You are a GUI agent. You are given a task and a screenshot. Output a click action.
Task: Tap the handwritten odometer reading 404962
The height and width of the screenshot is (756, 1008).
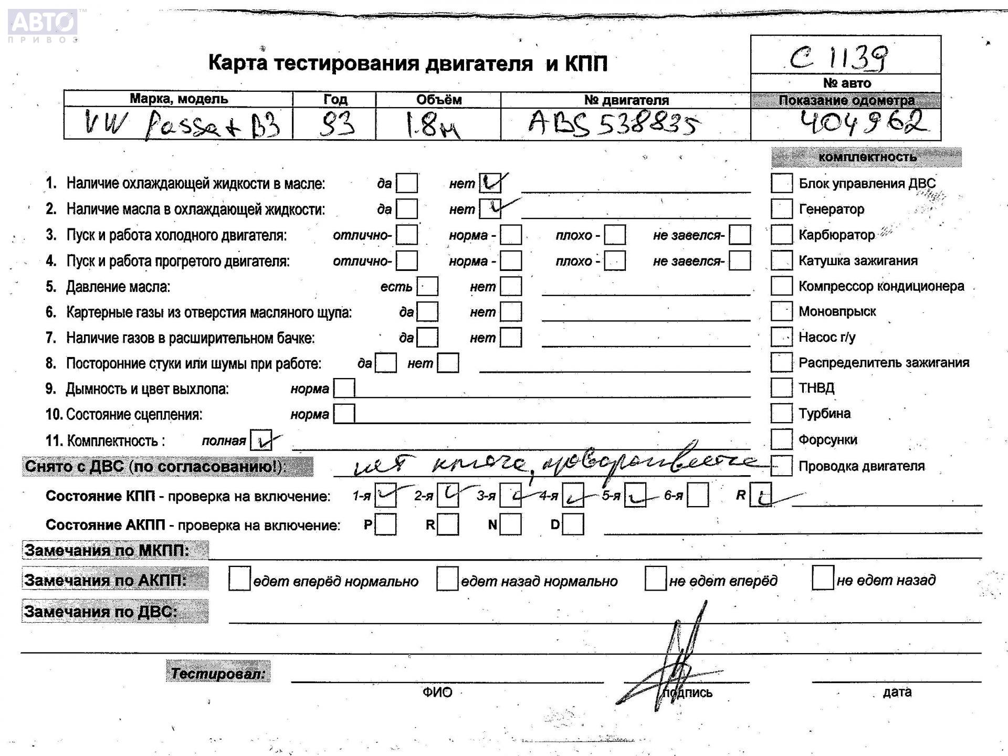click(862, 123)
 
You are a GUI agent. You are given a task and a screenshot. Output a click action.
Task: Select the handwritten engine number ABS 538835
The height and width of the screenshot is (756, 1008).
click(613, 124)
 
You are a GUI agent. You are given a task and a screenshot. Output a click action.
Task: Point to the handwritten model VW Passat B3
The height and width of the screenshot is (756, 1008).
click(181, 125)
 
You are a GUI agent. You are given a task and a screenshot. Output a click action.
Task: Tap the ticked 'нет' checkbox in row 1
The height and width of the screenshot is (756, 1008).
click(490, 183)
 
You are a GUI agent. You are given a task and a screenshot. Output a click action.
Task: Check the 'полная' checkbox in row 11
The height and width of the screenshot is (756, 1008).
click(261, 440)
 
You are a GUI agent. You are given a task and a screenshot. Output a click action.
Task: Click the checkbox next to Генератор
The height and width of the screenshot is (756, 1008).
click(781, 209)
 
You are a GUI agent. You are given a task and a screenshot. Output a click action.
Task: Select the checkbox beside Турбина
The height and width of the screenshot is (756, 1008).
click(781, 413)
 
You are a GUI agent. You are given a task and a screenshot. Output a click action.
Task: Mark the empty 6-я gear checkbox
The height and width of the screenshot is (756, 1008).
click(698, 495)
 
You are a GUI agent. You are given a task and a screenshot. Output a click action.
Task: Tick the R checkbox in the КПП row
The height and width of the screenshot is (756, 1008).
click(761, 495)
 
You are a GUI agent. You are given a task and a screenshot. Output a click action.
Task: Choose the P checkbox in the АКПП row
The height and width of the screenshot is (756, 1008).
click(385, 524)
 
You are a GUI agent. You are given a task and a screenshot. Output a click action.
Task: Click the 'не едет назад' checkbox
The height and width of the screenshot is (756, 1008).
click(823, 578)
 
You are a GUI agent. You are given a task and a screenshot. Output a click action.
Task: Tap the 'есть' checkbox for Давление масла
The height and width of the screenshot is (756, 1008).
click(427, 287)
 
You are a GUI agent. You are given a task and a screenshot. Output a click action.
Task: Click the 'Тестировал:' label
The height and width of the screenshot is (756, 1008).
click(218, 673)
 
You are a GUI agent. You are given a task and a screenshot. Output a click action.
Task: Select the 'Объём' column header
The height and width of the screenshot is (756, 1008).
click(438, 100)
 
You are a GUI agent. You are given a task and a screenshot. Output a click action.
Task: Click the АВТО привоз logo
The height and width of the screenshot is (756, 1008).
click(43, 24)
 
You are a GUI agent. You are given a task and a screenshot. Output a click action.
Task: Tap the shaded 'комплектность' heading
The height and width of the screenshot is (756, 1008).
click(866, 157)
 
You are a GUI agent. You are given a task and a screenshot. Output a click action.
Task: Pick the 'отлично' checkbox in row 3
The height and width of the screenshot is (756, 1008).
click(407, 235)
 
